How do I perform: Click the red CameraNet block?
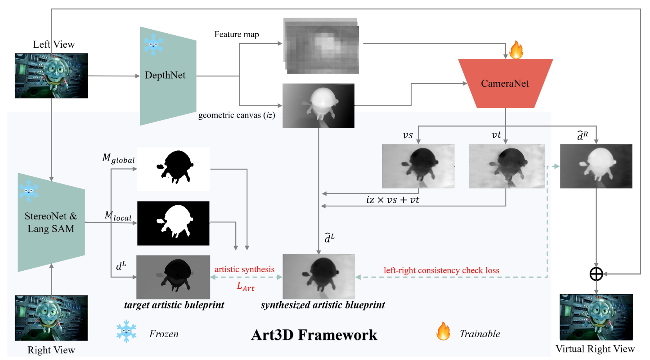[x=505, y=83]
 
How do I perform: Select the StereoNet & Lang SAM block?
[x=51, y=223]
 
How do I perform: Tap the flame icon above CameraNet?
[x=516, y=50]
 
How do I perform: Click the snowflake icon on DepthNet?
[x=153, y=44]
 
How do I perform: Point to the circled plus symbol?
[x=596, y=274]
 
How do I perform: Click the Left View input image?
[x=51, y=76]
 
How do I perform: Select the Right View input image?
[x=51, y=318]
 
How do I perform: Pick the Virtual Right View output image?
[x=596, y=317]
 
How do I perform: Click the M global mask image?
[x=173, y=169]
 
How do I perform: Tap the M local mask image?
[x=173, y=223]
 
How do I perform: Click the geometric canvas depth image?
[x=318, y=105]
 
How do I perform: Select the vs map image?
[x=418, y=166]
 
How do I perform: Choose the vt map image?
[x=507, y=166]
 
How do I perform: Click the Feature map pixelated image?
[x=321, y=46]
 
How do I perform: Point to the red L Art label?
[x=246, y=286]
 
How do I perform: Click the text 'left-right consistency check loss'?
[x=441, y=270]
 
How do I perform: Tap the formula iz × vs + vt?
[x=392, y=200]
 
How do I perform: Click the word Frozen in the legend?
[x=164, y=334]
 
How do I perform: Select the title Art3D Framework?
[x=314, y=335]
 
